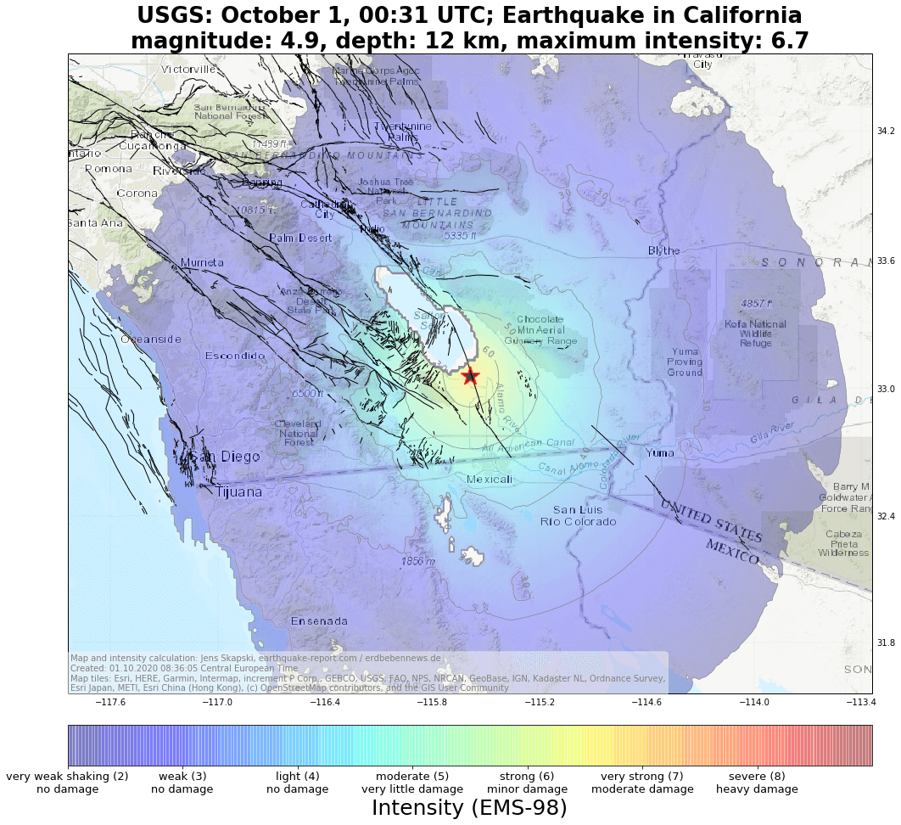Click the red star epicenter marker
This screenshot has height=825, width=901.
[x=470, y=376]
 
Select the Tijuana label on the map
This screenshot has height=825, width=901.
[x=238, y=492]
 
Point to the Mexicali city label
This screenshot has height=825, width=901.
[x=490, y=480]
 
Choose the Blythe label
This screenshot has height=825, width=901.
[x=664, y=251]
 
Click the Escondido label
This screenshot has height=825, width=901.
[x=235, y=356]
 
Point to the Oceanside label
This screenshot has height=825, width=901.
[x=151, y=340]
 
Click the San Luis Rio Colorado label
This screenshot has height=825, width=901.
[x=578, y=515]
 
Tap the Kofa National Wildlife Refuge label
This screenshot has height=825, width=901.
[x=755, y=334]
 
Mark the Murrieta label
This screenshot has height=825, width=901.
[x=202, y=263]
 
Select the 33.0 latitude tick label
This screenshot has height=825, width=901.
[x=886, y=389]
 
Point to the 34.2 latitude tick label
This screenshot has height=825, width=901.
[x=886, y=131]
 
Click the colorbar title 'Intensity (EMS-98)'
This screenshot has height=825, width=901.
[x=469, y=808]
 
